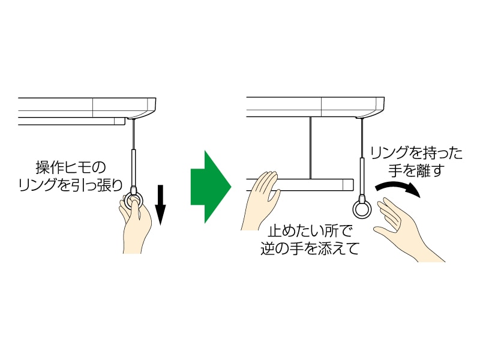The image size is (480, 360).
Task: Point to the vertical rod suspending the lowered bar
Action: pos(310,147)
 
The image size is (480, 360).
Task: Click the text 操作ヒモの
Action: pos(70,166)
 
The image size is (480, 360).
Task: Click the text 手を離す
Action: pos(416,171)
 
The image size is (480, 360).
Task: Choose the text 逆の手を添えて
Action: pos(310,248)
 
